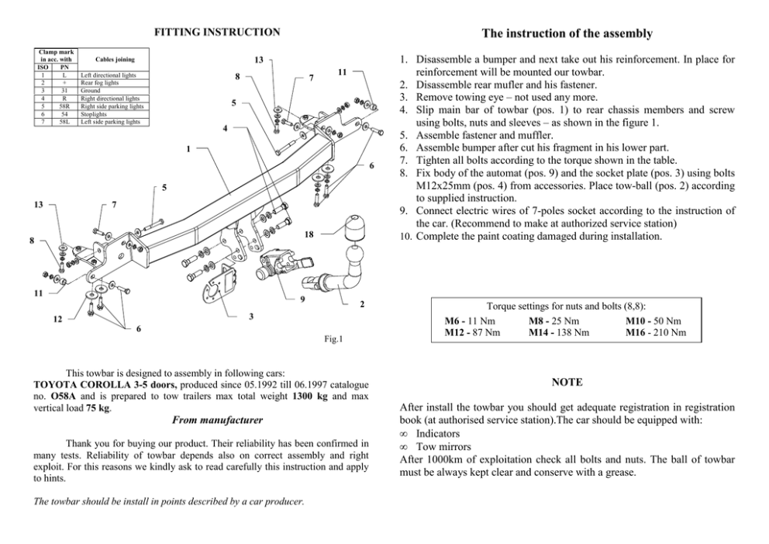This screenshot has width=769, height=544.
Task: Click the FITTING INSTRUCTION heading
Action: pyautogui.click(x=217, y=33)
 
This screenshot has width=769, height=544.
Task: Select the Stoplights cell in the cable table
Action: pyautogui.click(x=94, y=114)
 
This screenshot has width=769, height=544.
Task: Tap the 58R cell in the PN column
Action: pyautogui.click(x=64, y=106)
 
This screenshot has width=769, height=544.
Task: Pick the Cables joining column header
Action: pyautogui.click(x=115, y=60)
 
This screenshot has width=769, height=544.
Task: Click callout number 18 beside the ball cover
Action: pyautogui.click(x=309, y=234)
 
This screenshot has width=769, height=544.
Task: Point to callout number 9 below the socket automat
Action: pyautogui.click(x=302, y=299)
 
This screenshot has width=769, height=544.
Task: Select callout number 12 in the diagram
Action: pyautogui.click(x=57, y=319)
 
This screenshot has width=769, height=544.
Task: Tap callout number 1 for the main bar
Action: pyautogui.click(x=188, y=149)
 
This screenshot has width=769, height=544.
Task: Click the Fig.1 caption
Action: pyautogui.click(x=333, y=339)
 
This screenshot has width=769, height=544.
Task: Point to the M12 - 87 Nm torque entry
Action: pyautogui.click(x=472, y=332)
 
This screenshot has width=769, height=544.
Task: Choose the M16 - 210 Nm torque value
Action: pyautogui.click(x=656, y=332)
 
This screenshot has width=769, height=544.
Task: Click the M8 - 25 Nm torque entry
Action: pyautogui.click(x=553, y=321)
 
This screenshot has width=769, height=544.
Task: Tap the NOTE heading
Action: pyautogui.click(x=567, y=382)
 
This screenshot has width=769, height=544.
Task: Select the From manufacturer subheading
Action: pyautogui.click(x=217, y=421)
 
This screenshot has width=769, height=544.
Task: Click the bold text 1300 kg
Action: pyautogui.click(x=309, y=397)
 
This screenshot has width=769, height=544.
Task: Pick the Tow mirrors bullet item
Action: pyautogui.click(x=443, y=447)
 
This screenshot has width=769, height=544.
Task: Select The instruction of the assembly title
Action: pyautogui.click(x=567, y=33)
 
